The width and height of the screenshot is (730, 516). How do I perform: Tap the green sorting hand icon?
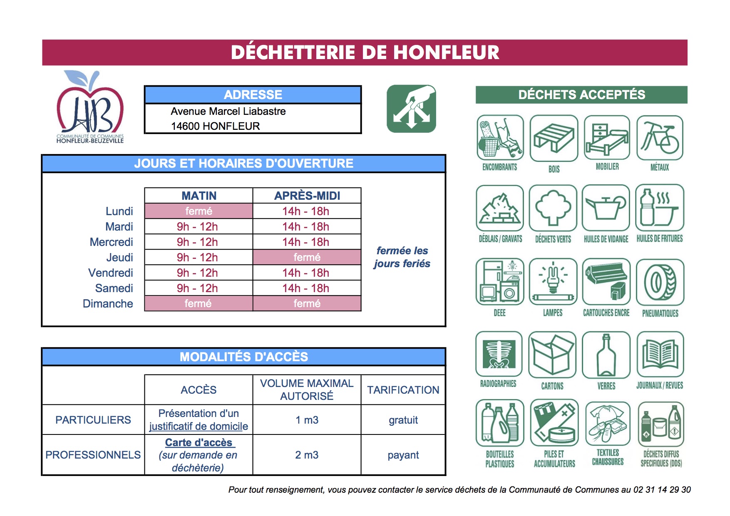411,109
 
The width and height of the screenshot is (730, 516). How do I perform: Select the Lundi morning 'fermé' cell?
199,211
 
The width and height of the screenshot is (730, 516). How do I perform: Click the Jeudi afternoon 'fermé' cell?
307,257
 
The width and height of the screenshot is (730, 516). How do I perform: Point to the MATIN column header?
199,196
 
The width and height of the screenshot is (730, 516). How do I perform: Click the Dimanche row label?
108,303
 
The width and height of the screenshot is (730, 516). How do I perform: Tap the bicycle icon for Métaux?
660,138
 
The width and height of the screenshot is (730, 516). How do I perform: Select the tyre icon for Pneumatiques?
660,283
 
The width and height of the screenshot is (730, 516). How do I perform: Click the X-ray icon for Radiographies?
499,354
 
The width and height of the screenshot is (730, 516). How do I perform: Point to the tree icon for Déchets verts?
553,208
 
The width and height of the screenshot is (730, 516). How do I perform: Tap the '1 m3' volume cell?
307,420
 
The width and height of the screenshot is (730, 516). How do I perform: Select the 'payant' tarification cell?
403,455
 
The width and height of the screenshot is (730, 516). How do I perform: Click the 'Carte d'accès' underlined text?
199,442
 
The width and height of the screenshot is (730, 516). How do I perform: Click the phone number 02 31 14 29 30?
662,490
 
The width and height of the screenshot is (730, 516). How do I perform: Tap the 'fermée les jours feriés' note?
402,257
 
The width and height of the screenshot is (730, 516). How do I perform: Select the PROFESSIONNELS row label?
93,455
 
